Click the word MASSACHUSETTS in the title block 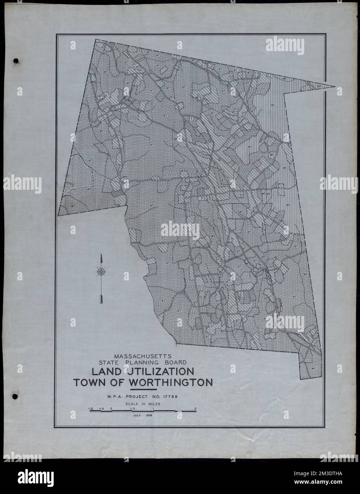point(143,355)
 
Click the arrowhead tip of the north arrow point(102,255)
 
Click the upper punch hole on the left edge point(15,61)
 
